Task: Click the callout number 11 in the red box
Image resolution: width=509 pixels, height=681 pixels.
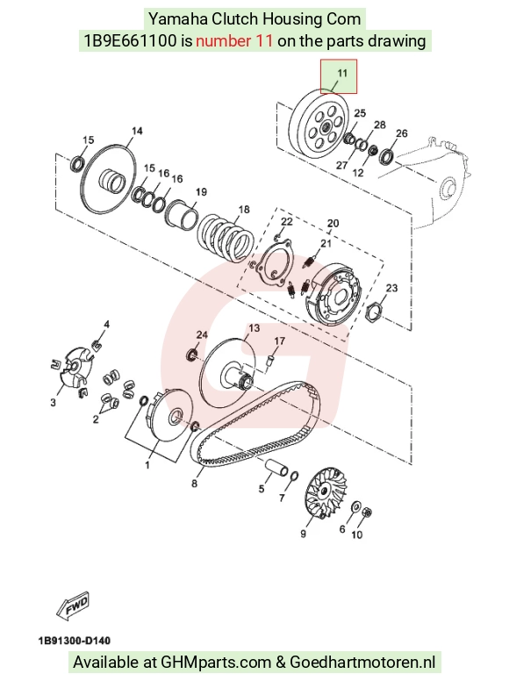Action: coord(342,73)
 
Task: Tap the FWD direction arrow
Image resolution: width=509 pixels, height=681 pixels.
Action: coord(73,605)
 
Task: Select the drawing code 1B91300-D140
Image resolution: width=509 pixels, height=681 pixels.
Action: coord(75,641)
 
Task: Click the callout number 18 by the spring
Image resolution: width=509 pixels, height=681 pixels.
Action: coord(244,210)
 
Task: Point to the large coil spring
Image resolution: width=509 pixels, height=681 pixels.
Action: coord(226,238)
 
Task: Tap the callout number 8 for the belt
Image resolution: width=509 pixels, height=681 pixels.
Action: coord(194,483)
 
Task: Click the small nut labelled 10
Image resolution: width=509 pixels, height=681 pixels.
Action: coord(366,513)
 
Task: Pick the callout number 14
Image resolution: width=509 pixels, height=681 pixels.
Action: coord(137,131)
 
